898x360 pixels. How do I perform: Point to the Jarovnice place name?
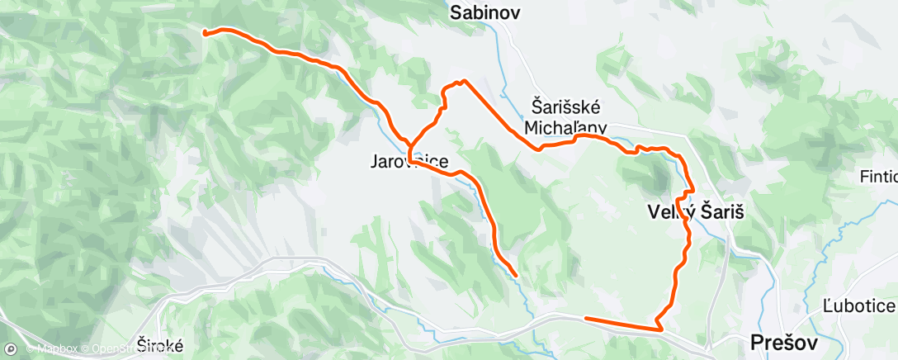tap(409, 163)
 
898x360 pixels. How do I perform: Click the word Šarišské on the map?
tap(569, 107)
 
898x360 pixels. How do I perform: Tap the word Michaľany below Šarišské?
tap(565, 127)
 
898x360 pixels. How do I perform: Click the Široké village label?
tap(157, 346)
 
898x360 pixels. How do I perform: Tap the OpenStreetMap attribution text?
tap(132, 348)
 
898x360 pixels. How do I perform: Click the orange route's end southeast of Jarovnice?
tap(516, 274)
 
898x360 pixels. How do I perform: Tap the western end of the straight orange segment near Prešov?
tap(585, 318)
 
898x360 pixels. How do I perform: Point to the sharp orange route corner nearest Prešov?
tap(660, 329)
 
